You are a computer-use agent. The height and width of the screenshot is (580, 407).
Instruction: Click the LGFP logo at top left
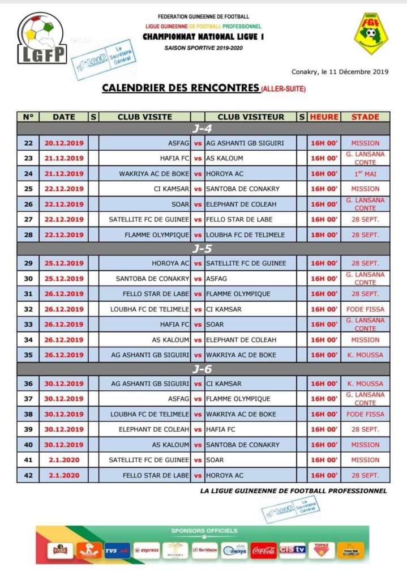tap(42, 38)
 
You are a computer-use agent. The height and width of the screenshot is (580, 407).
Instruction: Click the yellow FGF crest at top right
tap(371, 33)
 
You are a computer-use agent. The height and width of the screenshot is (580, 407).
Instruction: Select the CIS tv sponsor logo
tap(293, 549)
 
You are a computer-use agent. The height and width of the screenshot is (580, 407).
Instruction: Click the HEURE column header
tap(324, 117)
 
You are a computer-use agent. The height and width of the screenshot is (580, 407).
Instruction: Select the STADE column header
tap(365, 117)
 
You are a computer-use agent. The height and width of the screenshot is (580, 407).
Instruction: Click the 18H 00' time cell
tap(324, 234)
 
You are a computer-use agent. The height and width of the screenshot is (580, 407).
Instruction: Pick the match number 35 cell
tap(28, 355)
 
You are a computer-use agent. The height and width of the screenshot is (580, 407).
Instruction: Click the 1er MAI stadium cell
tap(365, 174)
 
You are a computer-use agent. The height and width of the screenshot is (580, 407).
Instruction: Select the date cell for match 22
tap(64, 143)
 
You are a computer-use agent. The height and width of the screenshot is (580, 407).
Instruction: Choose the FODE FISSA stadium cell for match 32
tap(365, 309)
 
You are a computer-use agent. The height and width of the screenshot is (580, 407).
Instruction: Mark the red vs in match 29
tap(198, 263)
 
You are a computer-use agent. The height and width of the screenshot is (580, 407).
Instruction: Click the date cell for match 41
tap(64, 460)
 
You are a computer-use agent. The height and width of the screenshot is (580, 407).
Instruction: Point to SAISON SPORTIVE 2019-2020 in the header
tap(203, 48)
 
